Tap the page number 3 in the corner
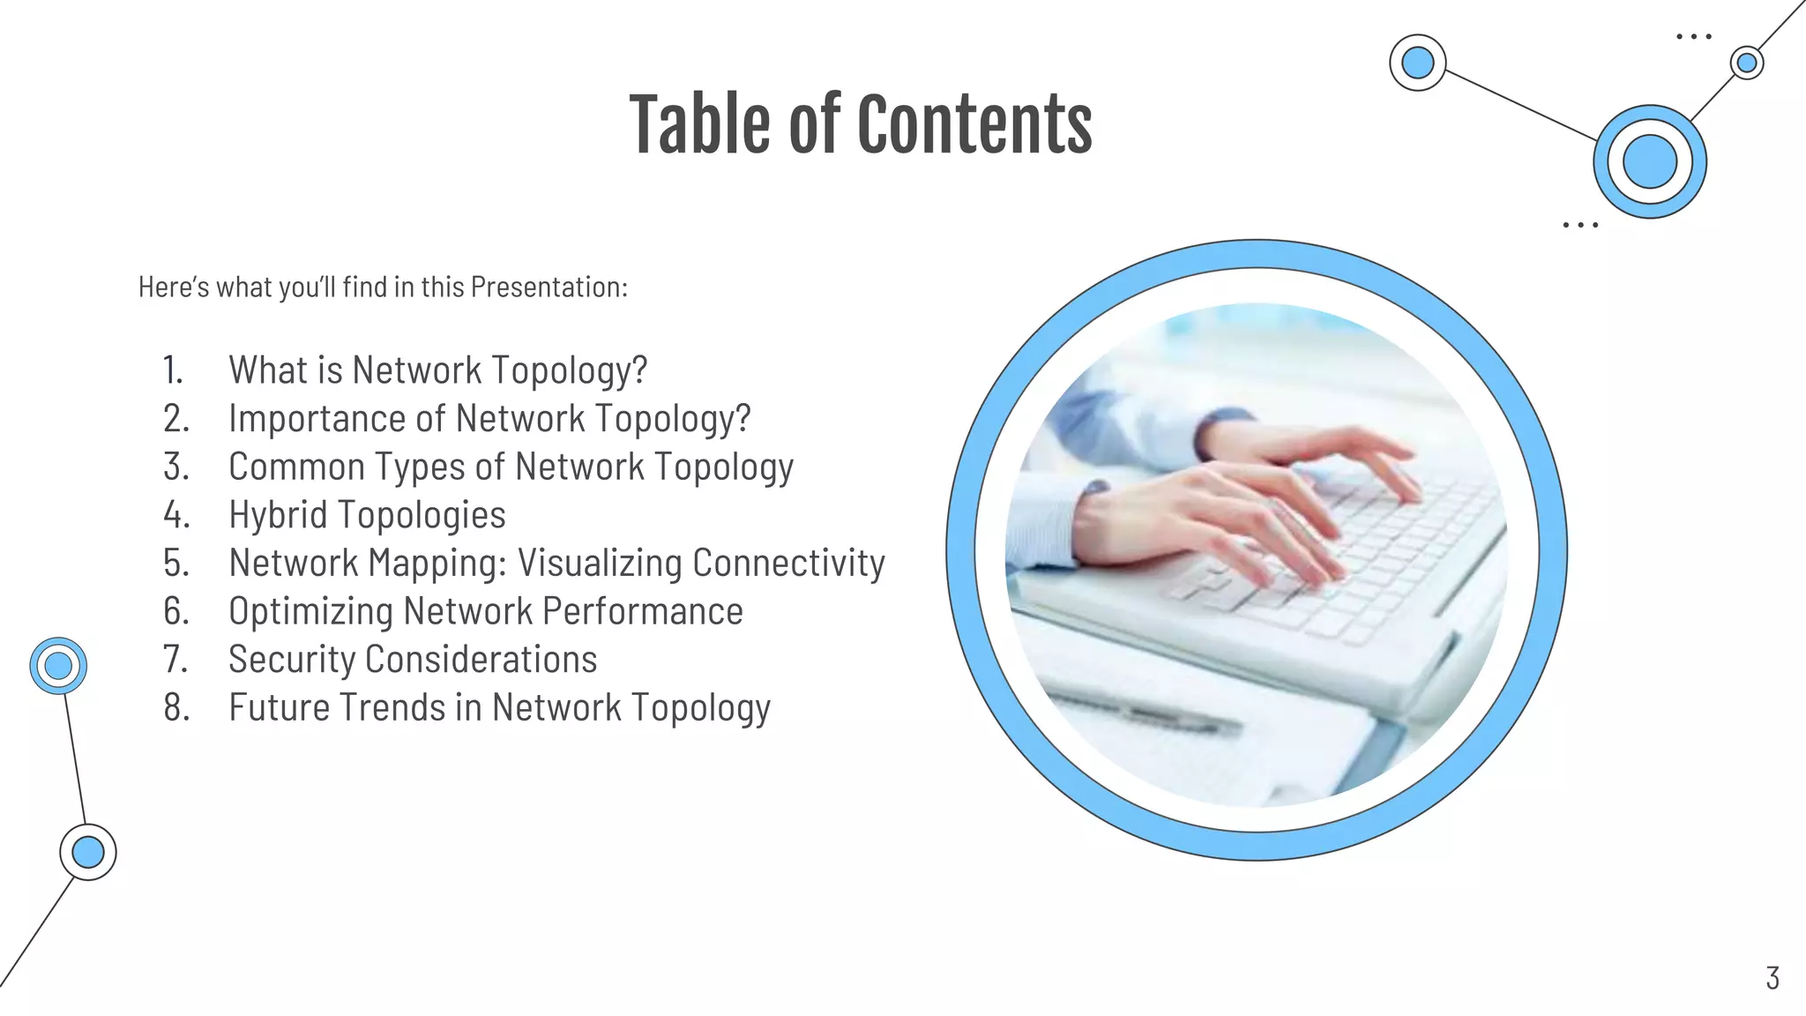click(1772, 978)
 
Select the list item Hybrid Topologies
click(367, 515)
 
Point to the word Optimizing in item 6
click(310, 611)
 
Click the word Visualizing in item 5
click(599, 563)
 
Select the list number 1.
click(174, 370)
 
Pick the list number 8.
click(176, 707)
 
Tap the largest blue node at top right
click(1649, 162)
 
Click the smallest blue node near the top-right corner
click(1746, 63)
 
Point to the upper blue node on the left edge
click(58, 666)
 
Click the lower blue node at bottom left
click(88, 852)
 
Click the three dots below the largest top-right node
click(1579, 226)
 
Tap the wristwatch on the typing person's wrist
click(1096, 488)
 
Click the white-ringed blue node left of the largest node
click(1417, 63)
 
